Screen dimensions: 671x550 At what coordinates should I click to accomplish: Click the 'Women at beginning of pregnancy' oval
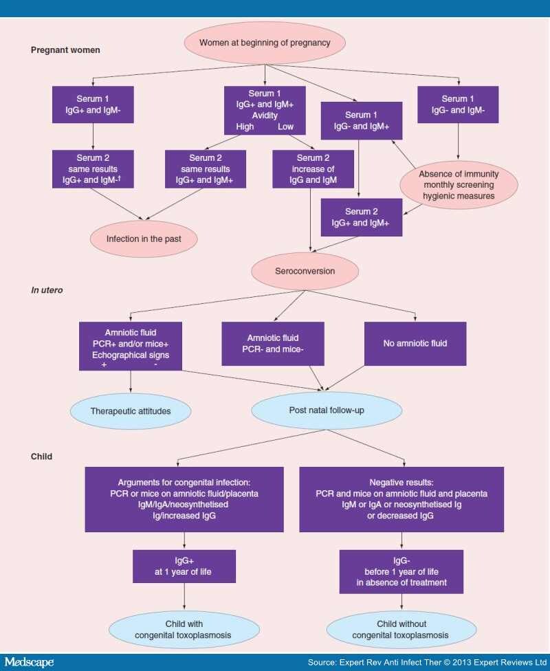(265, 43)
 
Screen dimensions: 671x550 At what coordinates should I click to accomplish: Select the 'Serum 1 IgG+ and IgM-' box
(93, 104)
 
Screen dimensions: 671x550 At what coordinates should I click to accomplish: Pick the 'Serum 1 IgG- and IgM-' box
(459, 104)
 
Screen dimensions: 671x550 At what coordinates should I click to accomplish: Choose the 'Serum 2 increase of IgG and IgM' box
(313, 169)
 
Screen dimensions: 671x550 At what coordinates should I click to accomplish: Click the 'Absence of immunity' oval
(459, 184)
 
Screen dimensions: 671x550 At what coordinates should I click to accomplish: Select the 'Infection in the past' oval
(145, 240)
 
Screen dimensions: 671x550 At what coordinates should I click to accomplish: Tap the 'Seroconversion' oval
(305, 271)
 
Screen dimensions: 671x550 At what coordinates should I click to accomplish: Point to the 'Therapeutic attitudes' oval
(131, 411)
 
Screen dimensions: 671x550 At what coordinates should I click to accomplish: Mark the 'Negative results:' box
(401, 499)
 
